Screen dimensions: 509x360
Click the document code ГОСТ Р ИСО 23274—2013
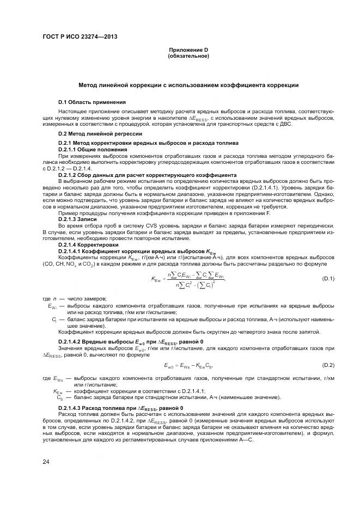80,37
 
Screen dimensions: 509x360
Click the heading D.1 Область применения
92,102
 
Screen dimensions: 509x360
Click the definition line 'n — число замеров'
75,299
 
